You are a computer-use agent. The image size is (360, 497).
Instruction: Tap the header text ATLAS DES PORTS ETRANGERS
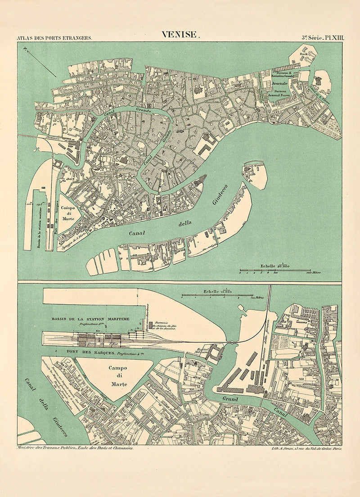(x=54, y=38)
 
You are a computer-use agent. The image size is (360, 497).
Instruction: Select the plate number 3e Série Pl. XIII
(x=323, y=38)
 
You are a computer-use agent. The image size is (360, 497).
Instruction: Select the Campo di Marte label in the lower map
(x=118, y=375)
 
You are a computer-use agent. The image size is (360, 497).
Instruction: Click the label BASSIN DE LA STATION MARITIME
(x=91, y=319)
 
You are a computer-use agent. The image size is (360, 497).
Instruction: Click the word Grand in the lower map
(x=230, y=399)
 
